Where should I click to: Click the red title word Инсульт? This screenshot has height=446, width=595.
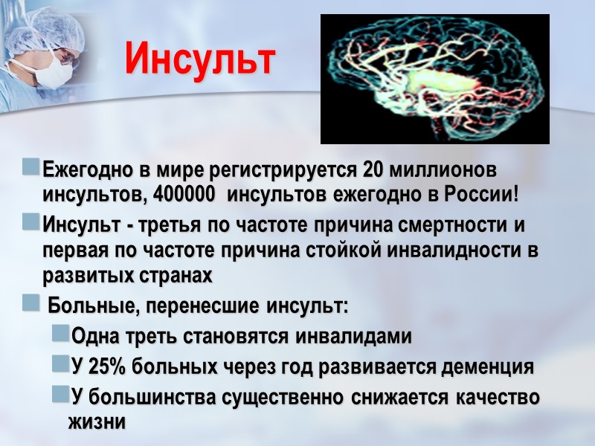(199, 59)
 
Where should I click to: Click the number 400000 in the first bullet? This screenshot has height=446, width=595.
(187, 195)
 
